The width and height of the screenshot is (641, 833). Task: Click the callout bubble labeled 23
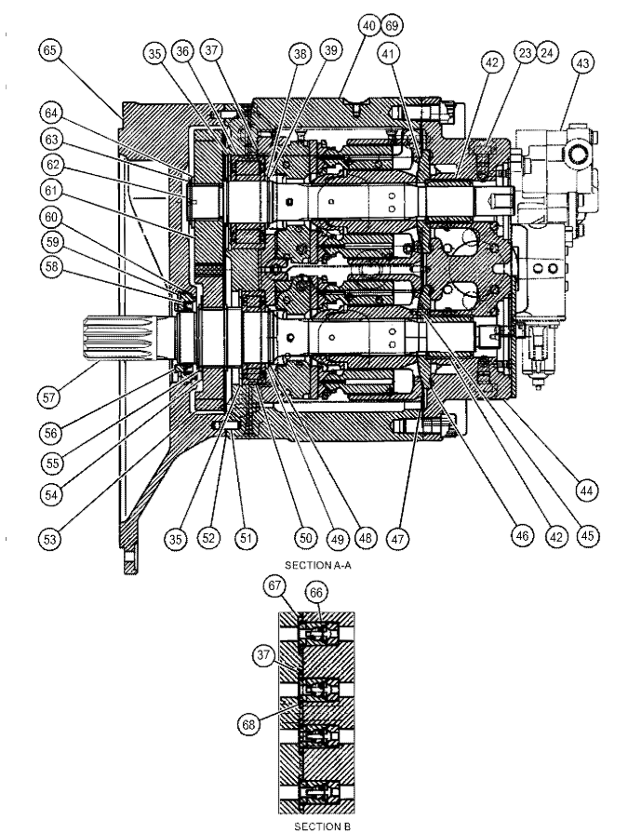(527, 53)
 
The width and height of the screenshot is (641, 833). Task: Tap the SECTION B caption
(320, 824)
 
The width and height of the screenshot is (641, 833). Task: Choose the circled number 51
(247, 537)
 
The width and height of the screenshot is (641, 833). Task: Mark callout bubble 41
(387, 55)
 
